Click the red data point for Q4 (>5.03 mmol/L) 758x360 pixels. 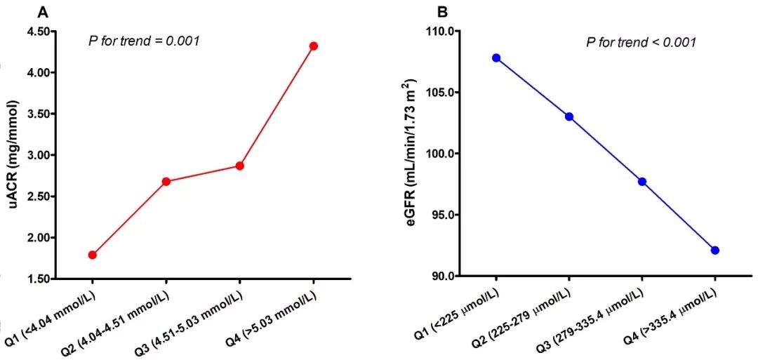(x=313, y=46)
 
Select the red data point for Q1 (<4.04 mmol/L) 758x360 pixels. (x=93, y=255)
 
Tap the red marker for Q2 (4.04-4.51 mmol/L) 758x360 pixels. (x=166, y=181)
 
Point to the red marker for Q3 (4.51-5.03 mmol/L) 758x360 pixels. (x=239, y=166)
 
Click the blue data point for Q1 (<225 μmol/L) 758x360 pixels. (x=496, y=58)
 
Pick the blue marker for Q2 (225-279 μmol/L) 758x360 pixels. (x=569, y=116)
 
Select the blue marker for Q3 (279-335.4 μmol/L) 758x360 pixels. (x=641, y=182)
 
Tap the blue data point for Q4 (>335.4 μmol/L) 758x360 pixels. (x=714, y=250)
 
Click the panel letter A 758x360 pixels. (x=43, y=12)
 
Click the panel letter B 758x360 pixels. (x=442, y=12)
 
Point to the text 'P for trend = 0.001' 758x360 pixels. (x=145, y=41)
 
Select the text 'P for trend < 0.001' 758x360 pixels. (x=641, y=42)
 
